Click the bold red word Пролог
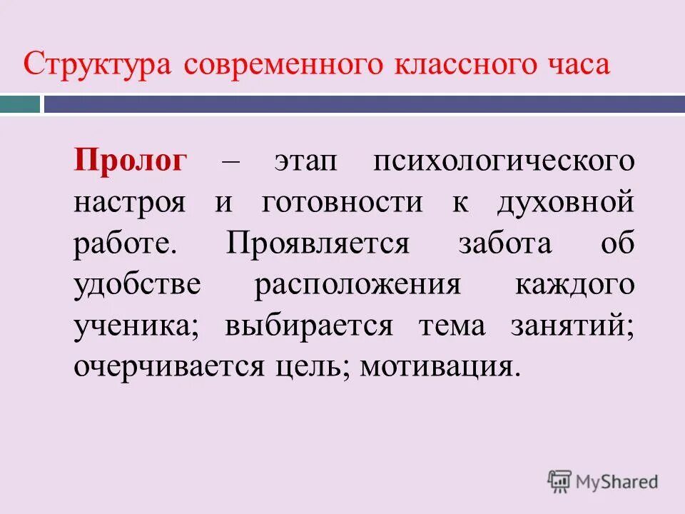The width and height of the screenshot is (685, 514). click(130, 161)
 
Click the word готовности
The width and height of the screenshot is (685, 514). click(342, 202)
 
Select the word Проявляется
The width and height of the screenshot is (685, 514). click(318, 243)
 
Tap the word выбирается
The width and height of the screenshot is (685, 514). click(309, 326)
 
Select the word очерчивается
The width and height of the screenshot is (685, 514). click(168, 367)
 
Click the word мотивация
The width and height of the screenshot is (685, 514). click(437, 367)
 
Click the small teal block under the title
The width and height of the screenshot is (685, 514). click(20, 105)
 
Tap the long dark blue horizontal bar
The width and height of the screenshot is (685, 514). click(364, 105)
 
